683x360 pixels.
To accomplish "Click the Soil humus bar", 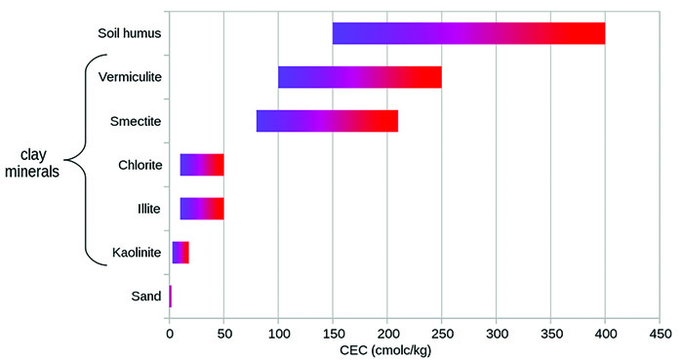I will tap(468, 33).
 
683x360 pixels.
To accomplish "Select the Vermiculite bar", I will tap(359, 77).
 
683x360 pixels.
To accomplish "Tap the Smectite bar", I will tap(327, 121).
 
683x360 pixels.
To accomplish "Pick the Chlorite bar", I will tap(202, 164).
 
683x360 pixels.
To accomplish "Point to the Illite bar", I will tap(202, 208).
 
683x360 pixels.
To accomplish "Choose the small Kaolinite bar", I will tap(181, 252).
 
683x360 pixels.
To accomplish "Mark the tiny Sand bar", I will tap(170, 296).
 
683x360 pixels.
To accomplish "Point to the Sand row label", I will tap(147, 296).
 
